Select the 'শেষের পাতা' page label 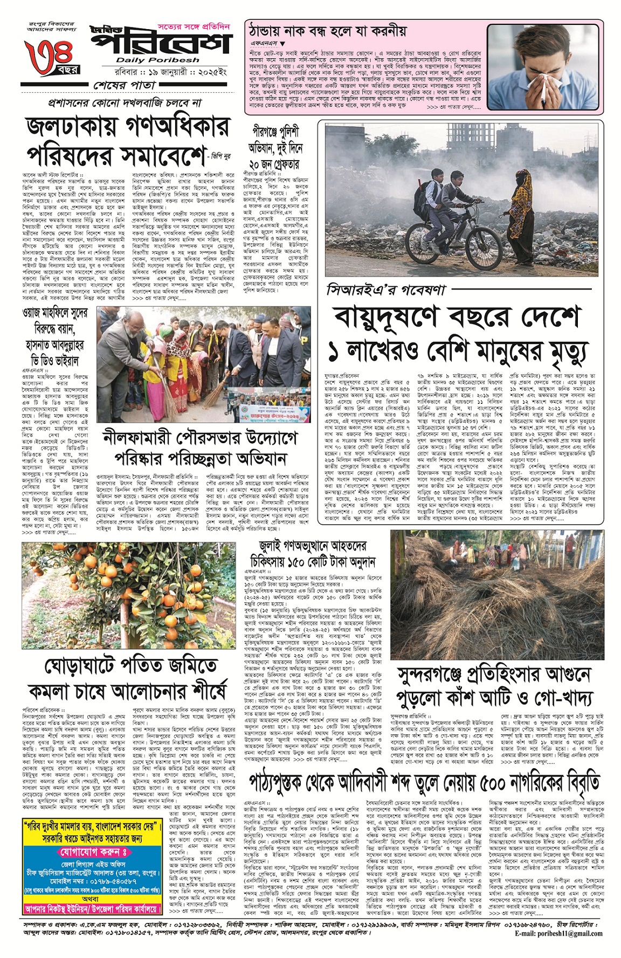point(125,85)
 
